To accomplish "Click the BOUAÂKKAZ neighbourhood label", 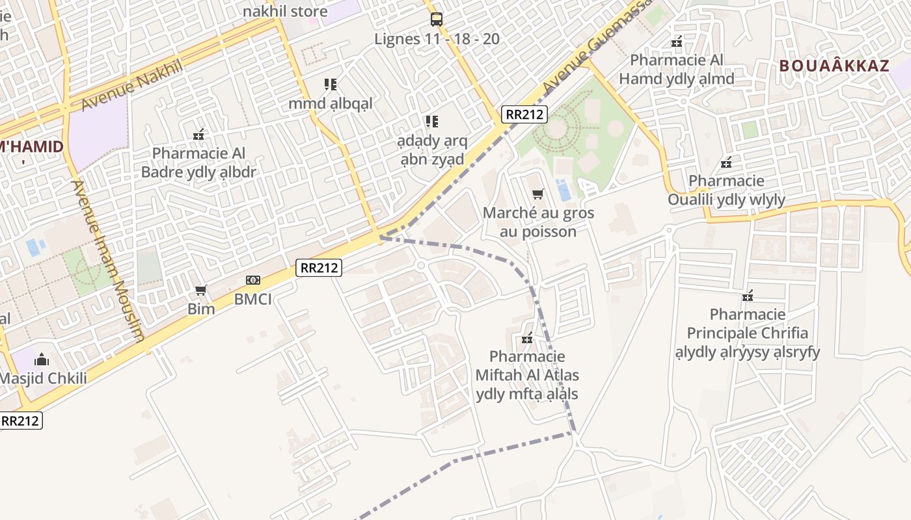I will (x=834, y=66).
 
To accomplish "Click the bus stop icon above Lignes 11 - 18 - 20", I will (x=436, y=19).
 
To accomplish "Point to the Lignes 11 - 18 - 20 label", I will (x=437, y=39).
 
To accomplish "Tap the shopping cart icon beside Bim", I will (x=201, y=290).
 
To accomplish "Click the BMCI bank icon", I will (x=253, y=280).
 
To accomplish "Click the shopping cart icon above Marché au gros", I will (x=538, y=194).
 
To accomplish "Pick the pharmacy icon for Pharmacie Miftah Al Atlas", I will (x=527, y=338).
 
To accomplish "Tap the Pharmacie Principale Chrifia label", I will (x=748, y=333).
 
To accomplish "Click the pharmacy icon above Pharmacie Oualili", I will (x=726, y=162).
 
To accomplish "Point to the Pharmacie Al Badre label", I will (x=199, y=163).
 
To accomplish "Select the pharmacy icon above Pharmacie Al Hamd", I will (x=677, y=42).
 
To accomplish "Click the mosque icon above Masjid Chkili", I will (x=42, y=359).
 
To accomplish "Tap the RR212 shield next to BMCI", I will (x=319, y=267).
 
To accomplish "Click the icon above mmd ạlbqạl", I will (x=331, y=84).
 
